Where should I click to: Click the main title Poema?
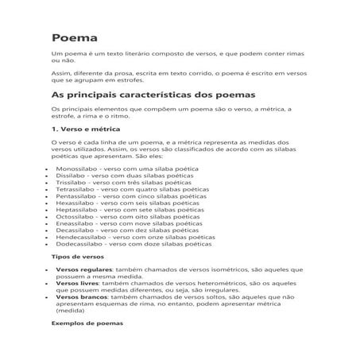coord(75,38)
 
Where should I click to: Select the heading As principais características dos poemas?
coord(152,94)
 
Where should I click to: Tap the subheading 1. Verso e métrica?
coord(87,129)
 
